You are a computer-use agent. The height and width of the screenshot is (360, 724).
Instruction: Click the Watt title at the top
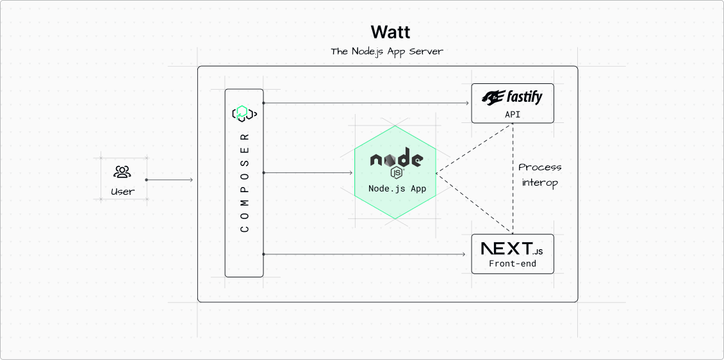pyautogui.click(x=390, y=32)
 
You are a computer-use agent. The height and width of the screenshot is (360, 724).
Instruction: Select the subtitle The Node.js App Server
pyautogui.click(x=387, y=51)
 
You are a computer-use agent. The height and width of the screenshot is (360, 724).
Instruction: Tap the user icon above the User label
pyautogui.click(x=122, y=172)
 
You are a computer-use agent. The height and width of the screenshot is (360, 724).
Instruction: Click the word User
pyautogui.click(x=123, y=191)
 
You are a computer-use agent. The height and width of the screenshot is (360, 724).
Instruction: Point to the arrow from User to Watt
pyautogui.click(x=169, y=180)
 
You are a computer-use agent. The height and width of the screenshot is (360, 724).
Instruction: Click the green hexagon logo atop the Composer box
pyautogui.click(x=244, y=113)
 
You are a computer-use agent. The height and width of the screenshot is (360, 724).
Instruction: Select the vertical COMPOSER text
pyautogui.click(x=245, y=183)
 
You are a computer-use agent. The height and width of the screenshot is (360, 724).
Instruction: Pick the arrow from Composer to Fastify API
pyautogui.click(x=366, y=103)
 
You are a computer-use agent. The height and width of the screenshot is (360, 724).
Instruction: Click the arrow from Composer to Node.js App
pyautogui.click(x=308, y=173)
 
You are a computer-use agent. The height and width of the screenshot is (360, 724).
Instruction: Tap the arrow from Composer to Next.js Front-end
pyautogui.click(x=364, y=254)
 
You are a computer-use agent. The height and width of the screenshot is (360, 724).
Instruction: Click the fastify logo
pyautogui.click(x=512, y=97)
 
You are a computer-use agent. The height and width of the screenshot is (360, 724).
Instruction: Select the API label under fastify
pyautogui.click(x=513, y=115)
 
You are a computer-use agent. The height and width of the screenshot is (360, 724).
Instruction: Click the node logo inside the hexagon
pyautogui.click(x=397, y=158)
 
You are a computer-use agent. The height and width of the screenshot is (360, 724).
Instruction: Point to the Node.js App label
pyautogui.click(x=397, y=188)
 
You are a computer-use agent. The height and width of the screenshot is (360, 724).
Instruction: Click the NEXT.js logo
pyautogui.click(x=512, y=249)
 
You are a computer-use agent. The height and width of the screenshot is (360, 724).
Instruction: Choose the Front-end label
pyautogui.click(x=513, y=264)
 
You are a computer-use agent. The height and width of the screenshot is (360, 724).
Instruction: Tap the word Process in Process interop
pyautogui.click(x=539, y=167)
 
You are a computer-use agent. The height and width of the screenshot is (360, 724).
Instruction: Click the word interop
pyautogui.click(x=539, y=183)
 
